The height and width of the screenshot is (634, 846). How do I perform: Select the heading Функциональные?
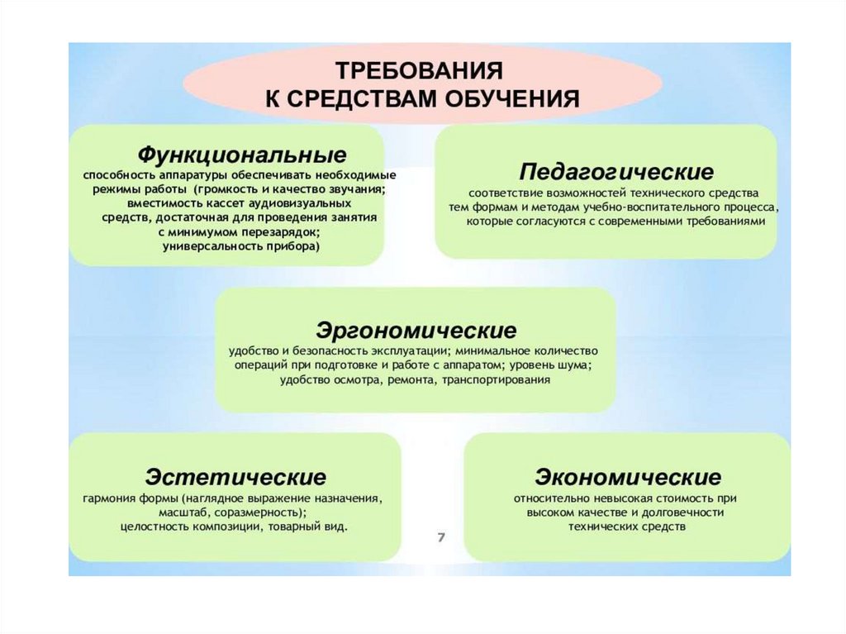241,155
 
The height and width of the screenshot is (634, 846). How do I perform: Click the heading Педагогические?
616,172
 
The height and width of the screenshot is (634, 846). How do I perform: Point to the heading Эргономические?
416,331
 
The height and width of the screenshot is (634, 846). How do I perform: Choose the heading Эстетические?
235,477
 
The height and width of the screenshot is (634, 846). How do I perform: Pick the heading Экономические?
627,477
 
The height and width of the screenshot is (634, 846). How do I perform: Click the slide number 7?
441,538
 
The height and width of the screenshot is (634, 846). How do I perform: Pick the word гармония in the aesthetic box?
105,498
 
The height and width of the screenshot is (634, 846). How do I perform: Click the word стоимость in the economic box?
685,498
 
